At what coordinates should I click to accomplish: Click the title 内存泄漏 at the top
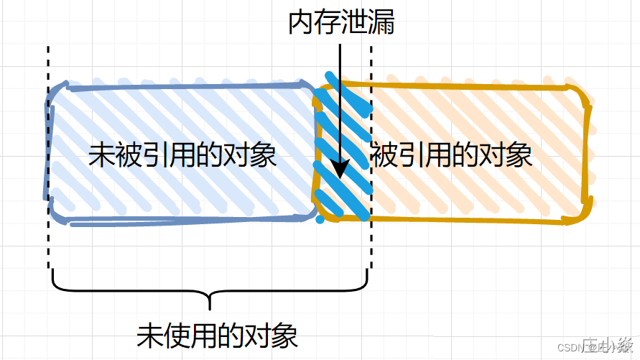coord(341,23)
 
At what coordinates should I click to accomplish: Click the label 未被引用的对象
coord(182,154)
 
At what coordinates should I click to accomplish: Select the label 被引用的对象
coord(451,154)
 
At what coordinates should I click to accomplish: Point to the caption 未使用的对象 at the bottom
coord(217,335)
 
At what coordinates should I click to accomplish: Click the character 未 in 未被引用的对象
coord(100,154)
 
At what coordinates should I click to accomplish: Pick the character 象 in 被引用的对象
coord(519,154)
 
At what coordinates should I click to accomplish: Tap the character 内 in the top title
coord(302,23)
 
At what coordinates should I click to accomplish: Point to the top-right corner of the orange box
coord(585,89)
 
